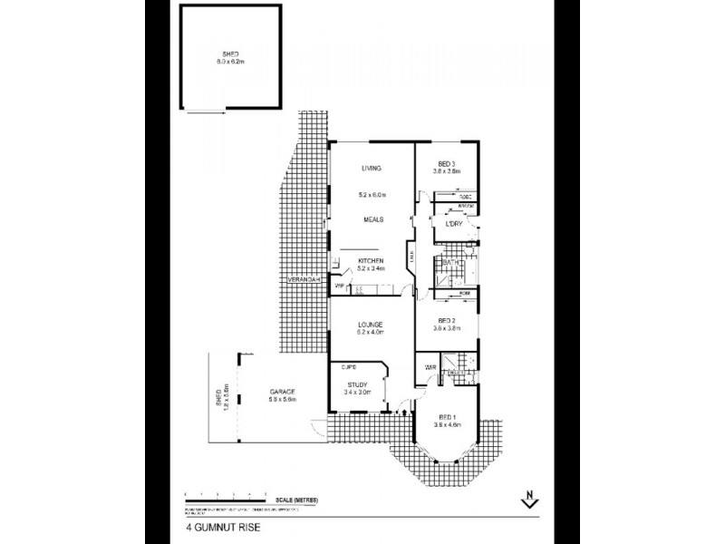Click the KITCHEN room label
(x=371, y=260)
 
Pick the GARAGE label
(x=281, y=391)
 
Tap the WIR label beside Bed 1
(x=431, y=367)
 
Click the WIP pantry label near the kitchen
(x=339, y=287)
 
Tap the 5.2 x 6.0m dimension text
(x=372, y=195)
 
